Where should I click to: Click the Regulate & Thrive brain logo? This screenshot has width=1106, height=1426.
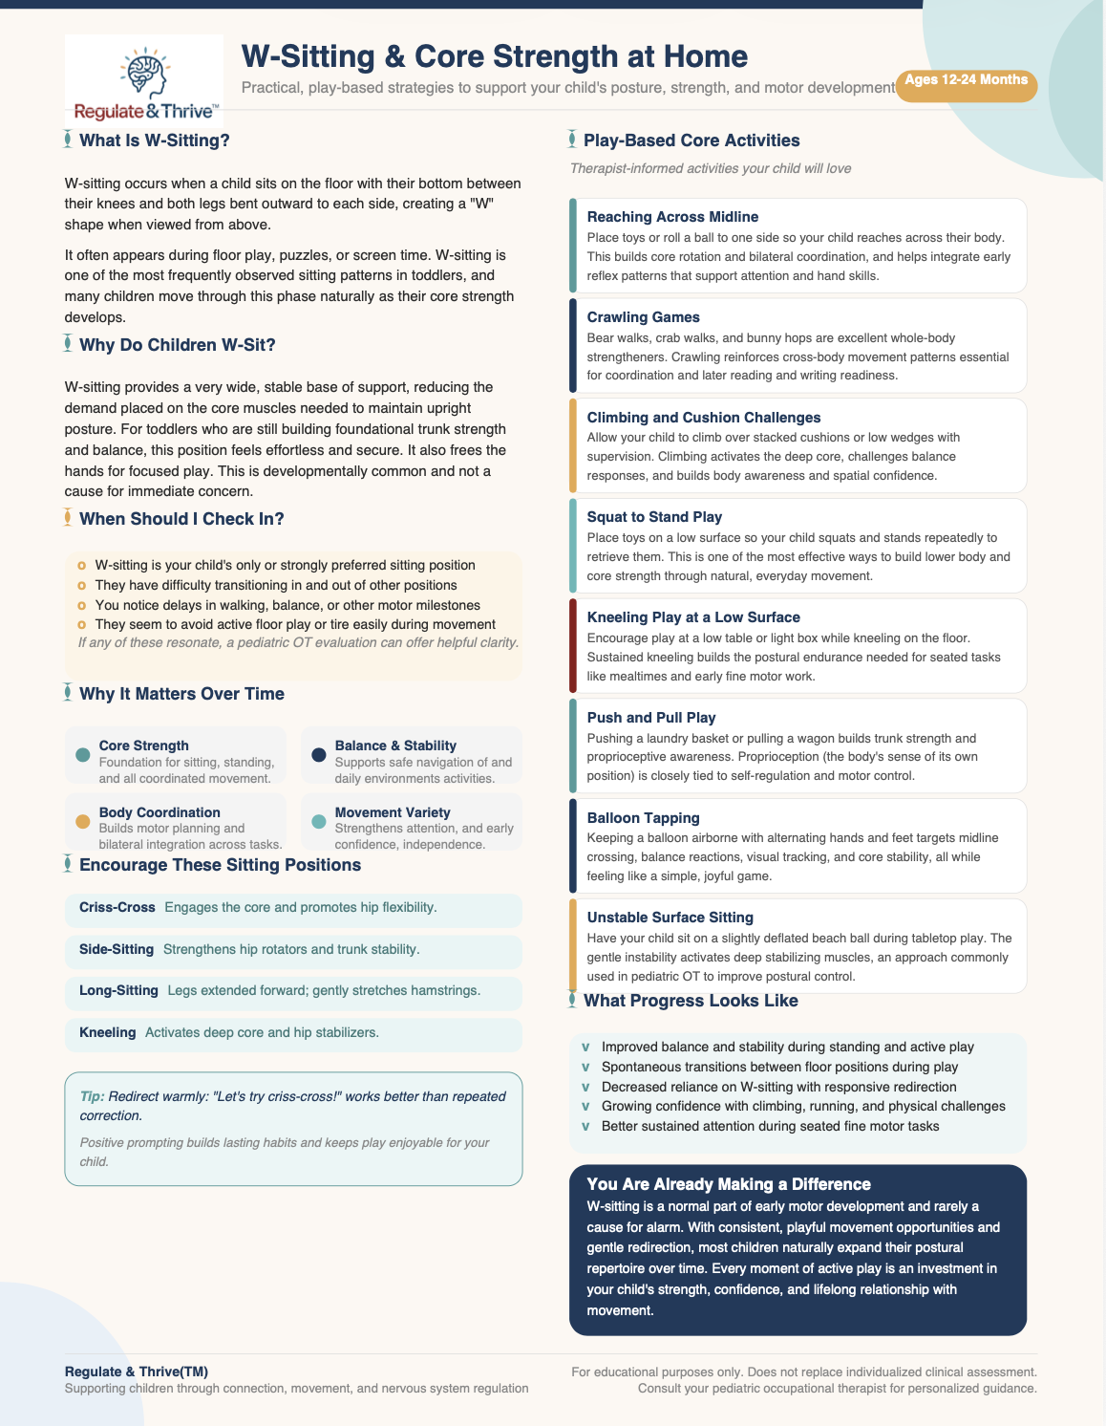click(144, 82)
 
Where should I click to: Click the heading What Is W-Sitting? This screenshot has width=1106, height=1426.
click(154, 140)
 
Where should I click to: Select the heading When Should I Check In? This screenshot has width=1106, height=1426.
click(181, 519)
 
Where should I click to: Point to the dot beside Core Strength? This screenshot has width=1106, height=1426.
click(82, 755)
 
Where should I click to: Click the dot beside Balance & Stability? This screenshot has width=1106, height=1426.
click(319, 755)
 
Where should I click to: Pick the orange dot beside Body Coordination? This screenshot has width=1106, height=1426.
click(82, 821)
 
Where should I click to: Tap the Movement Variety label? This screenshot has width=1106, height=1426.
click(392, 812)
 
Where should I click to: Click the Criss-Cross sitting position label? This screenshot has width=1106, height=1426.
click(117, 907)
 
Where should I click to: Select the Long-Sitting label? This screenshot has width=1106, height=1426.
click(118, 990)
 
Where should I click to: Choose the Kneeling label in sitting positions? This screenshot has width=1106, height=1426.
click(107, 1032)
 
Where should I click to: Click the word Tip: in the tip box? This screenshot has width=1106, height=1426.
click(92, 1096)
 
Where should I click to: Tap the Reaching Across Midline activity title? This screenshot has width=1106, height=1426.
click(672, 217)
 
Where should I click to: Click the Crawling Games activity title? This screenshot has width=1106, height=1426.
click(643, 317)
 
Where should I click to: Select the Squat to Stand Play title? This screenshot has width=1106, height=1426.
click(654, 517)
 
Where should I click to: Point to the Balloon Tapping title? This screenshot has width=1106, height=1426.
click(643, 818)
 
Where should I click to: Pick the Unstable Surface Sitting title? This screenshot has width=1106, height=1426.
click(670, 918)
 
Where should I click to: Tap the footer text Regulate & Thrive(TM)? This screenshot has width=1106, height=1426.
click(137, 1372)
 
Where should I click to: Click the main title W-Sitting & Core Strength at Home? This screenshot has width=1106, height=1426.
click(494, 56)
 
